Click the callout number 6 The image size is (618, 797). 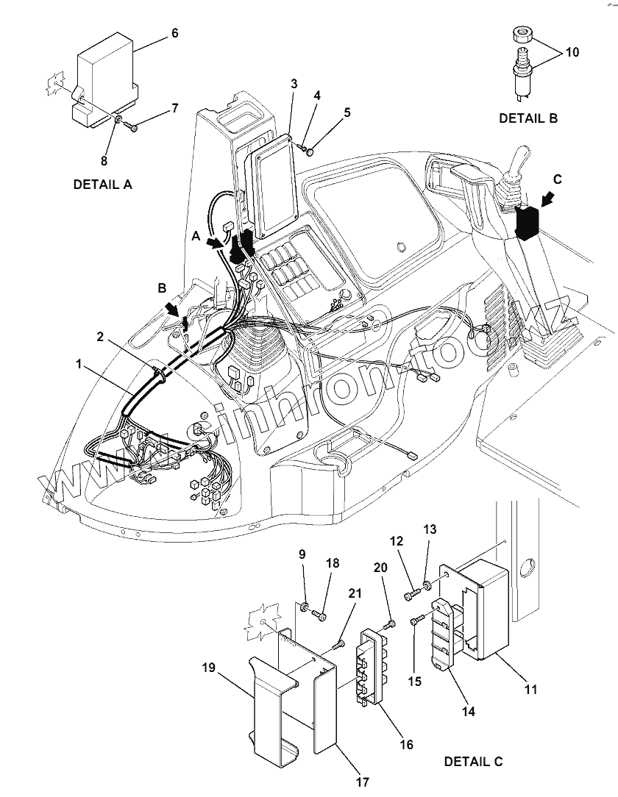point(174,33)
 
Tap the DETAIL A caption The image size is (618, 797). point(103,185)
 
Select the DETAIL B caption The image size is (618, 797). point(528,118)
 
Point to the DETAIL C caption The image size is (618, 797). point(473,762)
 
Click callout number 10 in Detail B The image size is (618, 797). point(572,52)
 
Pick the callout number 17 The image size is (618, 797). point(362,782)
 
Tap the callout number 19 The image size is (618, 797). point(208,668)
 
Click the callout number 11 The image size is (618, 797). point(530,690)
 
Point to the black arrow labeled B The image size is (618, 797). point(174,307)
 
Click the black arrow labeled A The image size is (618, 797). point(215,243)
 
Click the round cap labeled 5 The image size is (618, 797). point(310,150)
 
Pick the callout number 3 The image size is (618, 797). point(294,84)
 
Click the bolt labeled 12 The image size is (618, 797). point(411,594)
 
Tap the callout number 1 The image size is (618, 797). point(78,364)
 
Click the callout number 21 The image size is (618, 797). point(355,593)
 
